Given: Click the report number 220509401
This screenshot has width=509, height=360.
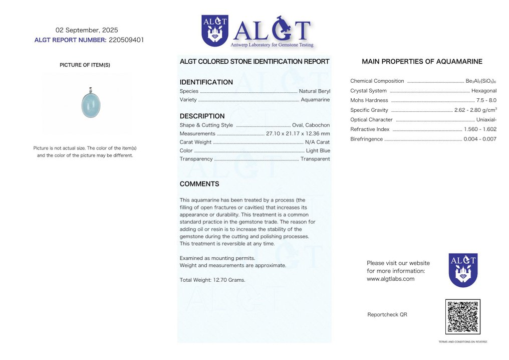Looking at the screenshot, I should (x=126, y=40).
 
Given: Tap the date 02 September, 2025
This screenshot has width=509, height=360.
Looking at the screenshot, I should (x=87, y=30).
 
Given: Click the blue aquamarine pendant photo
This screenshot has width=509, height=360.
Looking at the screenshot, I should (x=91, y=104).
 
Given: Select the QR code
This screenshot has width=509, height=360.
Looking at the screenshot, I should (x=462, y=317).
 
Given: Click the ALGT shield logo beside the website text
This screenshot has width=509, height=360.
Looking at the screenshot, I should (x=463, y=270).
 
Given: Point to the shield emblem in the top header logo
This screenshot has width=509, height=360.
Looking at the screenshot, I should (x=214, y=31).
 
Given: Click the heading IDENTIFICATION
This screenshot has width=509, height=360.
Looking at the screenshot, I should (x=206, y=82).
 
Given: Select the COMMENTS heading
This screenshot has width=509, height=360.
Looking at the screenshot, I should (x=199, y=184).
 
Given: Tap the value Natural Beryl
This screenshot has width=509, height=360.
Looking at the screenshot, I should (x=314, y=91).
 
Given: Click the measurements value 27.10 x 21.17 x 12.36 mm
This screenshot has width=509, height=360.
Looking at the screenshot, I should (x=298, y=134).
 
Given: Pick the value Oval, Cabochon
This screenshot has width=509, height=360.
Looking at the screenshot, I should (x=311, y=125).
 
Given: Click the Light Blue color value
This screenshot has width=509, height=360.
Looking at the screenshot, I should (x=318, y=150).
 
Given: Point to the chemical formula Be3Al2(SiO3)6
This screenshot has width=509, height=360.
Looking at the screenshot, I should (x=481, y=81).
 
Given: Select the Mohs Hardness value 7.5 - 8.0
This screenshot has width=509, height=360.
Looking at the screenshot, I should (x=486, y=100).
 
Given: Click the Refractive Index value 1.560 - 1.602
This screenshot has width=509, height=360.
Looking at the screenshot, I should (x=480, y=129).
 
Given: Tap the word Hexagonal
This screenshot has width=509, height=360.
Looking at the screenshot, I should (x=484, y=91).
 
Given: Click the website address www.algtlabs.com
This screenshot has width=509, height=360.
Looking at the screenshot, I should (x=390, y=279).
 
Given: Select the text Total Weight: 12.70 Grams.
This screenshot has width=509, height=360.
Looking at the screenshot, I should (x=212, y=280).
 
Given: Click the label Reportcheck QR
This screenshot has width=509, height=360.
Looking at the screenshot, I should (x=387, y=314).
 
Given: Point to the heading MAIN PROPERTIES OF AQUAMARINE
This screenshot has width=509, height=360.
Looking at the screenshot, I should (x=422, y=62).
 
